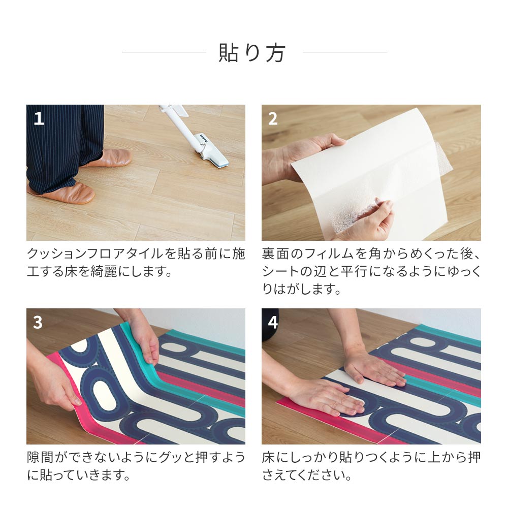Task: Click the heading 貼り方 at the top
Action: coord(252,52)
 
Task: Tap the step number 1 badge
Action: coord(39,118)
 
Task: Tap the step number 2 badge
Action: coord(273,118)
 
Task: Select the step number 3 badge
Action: coord(38,322)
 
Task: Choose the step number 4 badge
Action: coord(273,322)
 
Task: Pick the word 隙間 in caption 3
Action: coord(39,457)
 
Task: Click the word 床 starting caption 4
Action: coord(268,457)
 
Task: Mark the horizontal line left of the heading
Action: coord(164,52)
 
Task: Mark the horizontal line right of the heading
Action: coord(344,52)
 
